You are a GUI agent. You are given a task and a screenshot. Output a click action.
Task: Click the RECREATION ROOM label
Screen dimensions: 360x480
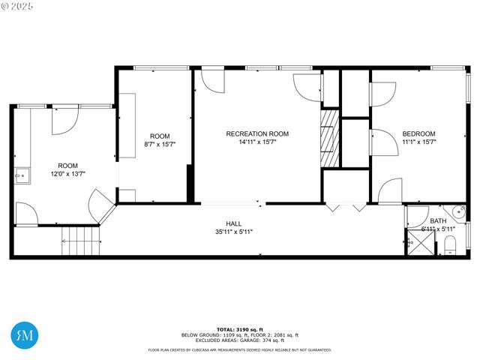point(257,133)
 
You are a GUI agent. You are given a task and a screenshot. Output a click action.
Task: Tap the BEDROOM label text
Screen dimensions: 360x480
point(418,133)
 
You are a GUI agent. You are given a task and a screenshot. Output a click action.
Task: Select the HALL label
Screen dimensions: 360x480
point(234,223)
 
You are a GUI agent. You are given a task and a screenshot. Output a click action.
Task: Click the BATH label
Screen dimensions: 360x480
point(438,220)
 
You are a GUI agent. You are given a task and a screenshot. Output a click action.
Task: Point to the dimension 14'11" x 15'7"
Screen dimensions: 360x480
point(257,142)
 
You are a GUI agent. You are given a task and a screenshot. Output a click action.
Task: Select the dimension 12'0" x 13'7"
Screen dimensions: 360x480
point(68,174)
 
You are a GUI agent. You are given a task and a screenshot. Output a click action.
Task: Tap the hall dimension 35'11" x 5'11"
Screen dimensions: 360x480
point(234,232)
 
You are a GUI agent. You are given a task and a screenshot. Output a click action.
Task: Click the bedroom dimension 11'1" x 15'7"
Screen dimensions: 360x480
point(418,142)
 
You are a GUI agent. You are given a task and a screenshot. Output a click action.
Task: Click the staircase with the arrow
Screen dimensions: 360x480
point(80,241)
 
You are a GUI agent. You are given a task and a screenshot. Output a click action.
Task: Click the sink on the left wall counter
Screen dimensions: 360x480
point(22,177)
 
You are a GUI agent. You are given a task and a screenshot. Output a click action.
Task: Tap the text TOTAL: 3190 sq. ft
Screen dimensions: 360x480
point(240,329)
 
